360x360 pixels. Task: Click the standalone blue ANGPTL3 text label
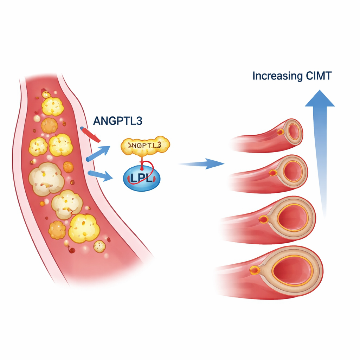[117, 121]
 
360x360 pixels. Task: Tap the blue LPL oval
[142, 179]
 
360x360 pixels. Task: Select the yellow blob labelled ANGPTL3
[145, 145]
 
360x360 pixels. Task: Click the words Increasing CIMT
[291, 76]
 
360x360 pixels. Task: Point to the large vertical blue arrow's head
[319, 99]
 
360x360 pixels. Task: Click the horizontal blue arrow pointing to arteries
[202, 163]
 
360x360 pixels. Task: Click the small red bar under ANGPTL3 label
[90, 134]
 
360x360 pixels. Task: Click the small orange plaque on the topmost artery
[280, 132]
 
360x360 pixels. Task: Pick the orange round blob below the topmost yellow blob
[49, 125]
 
